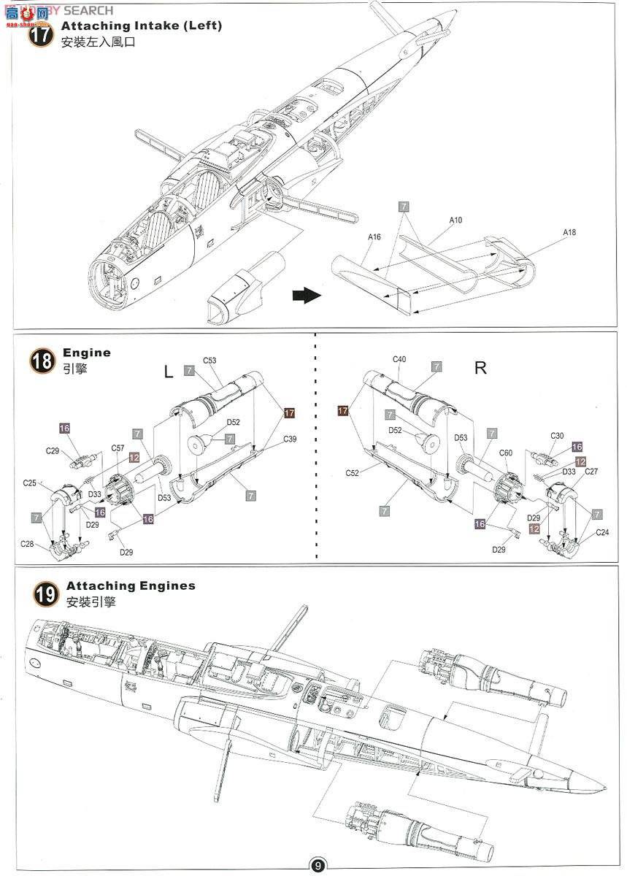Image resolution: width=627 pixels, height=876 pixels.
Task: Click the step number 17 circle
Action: (x=41, y=34)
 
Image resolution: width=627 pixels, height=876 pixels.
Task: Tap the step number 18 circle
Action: (x=41, y=361)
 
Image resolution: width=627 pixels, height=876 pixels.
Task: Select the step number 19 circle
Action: (x=45, y=594)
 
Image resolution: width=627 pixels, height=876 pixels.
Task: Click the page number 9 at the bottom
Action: (x=318, y=866)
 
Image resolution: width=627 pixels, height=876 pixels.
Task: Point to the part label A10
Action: (x=455, y=220)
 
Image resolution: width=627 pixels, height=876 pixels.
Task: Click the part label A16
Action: (x=374, y=237)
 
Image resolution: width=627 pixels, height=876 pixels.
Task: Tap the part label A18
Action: (x=569, y=232)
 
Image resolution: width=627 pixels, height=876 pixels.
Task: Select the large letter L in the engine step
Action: (x=168, y=372)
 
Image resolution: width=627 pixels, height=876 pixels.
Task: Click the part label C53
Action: (x=209, y=360)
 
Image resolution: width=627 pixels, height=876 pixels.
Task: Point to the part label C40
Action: (x=399, y=359)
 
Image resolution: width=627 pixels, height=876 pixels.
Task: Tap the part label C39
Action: (x=290, y=439)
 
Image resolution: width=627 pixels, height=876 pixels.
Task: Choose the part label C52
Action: (x=352, y=473)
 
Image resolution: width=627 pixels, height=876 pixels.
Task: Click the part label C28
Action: (x=27, y=544)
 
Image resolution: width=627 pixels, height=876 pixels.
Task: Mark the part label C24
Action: (x=602, y=532)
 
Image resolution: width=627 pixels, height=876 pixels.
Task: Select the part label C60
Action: (x=507, y=453)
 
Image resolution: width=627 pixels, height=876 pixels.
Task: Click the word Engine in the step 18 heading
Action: (x=87, y=353)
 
